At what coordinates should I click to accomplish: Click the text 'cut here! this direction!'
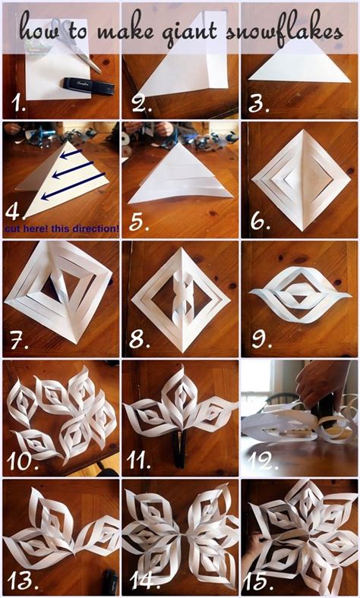click(62, 227)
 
